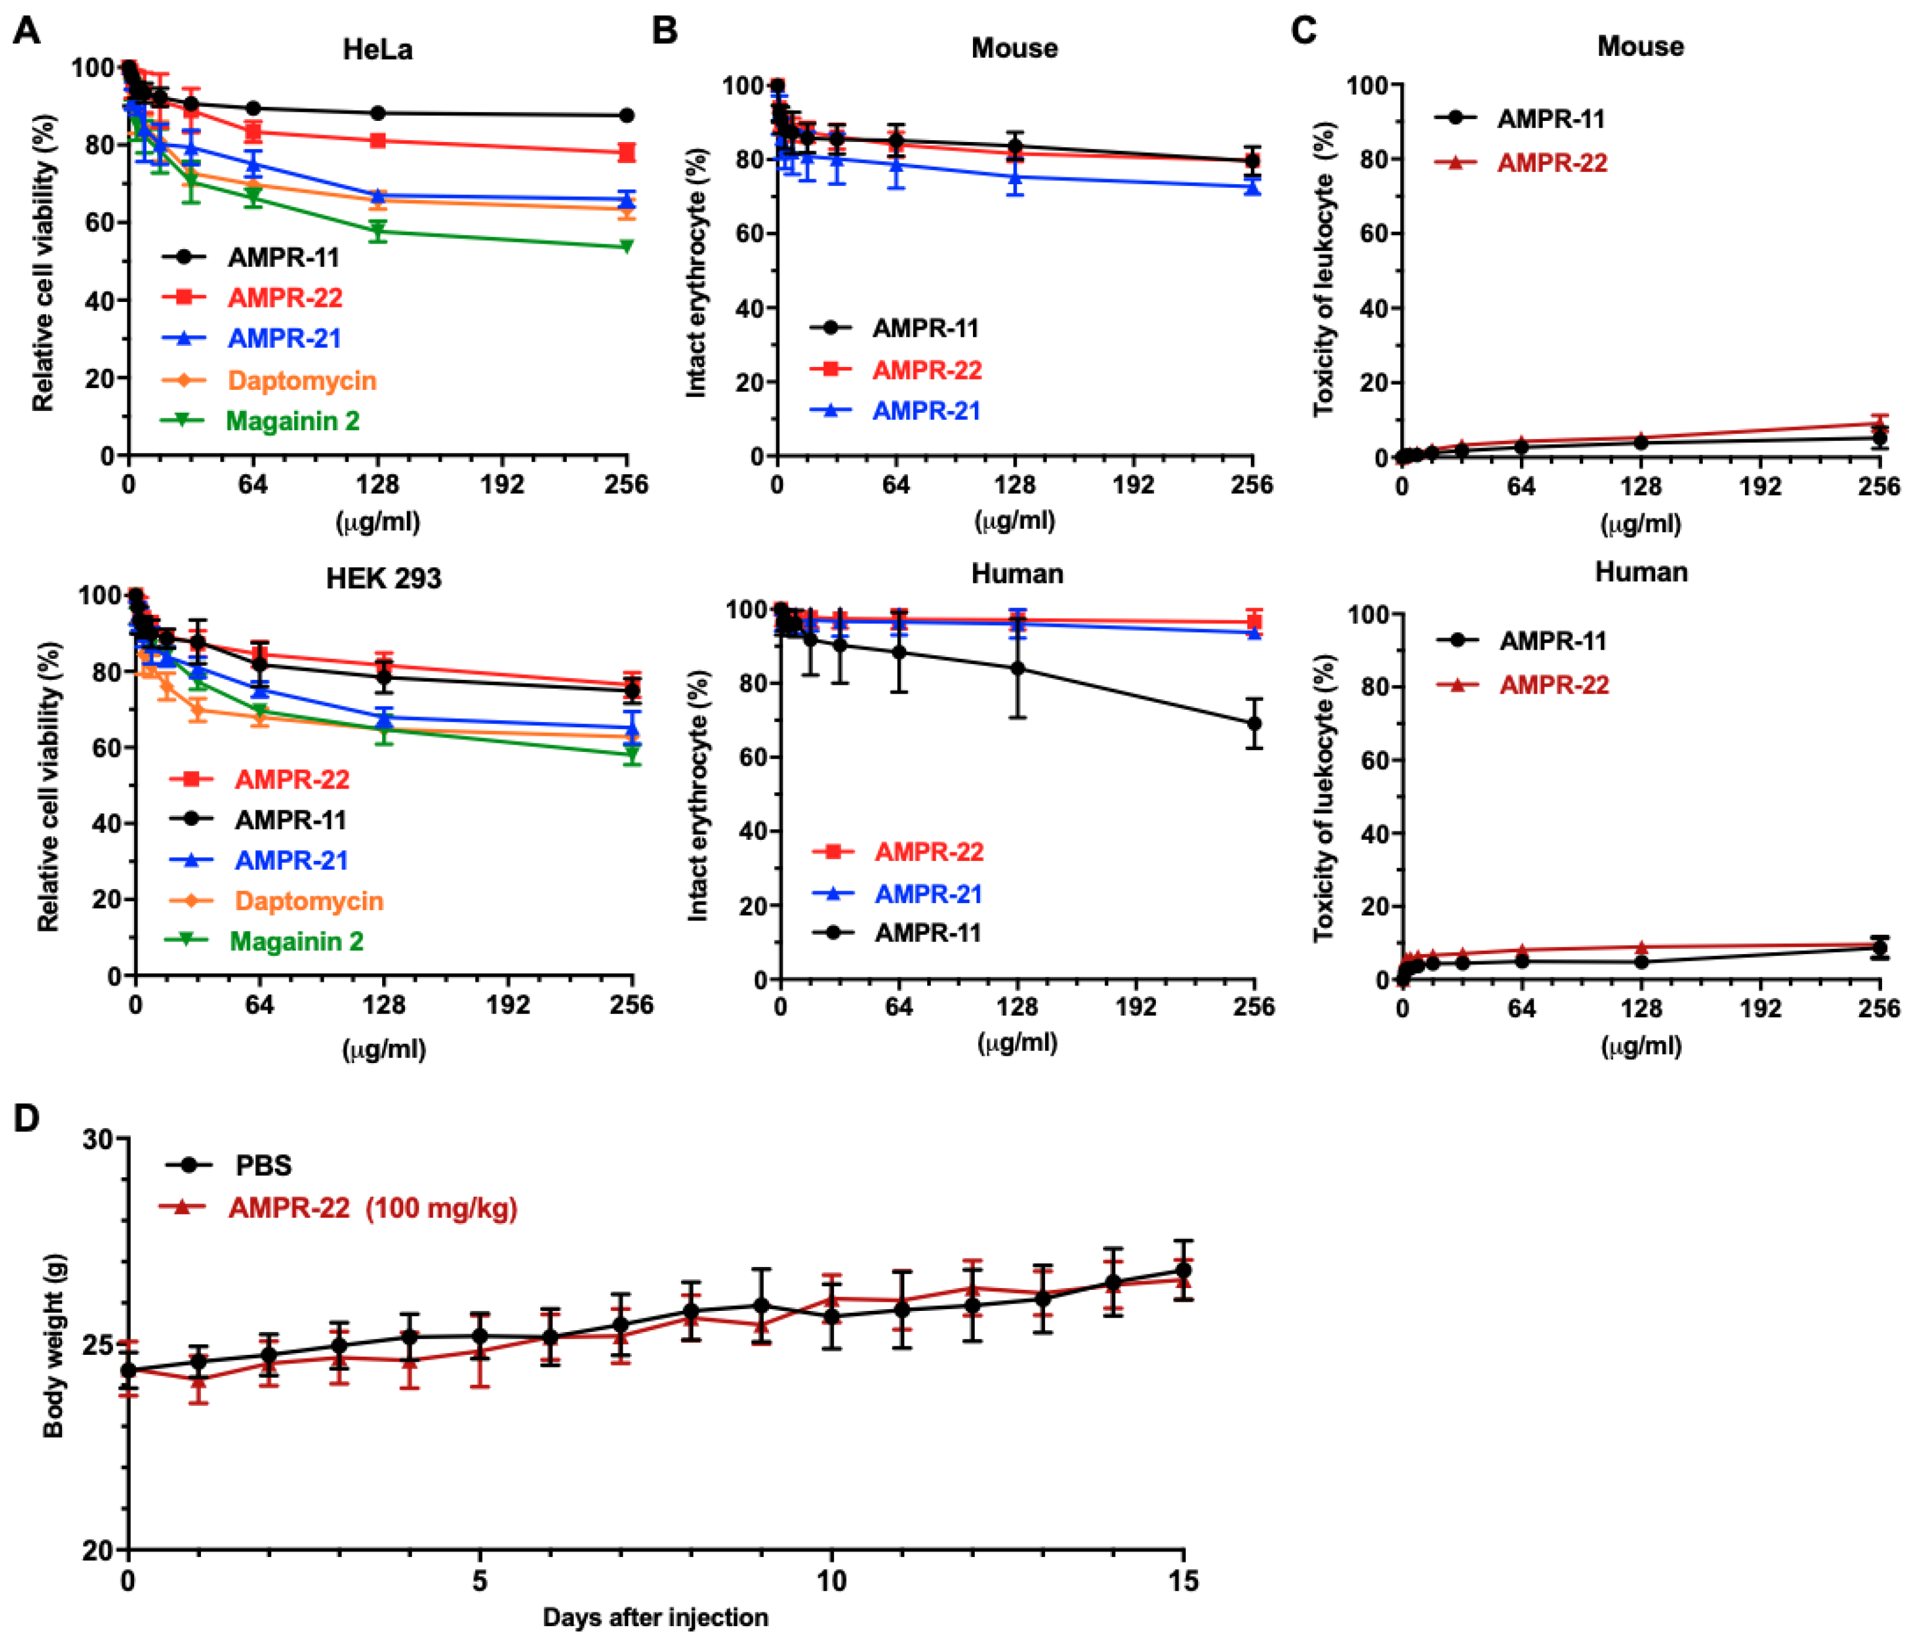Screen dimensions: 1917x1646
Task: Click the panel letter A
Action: point(27,31)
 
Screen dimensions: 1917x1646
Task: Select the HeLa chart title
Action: point(377,49)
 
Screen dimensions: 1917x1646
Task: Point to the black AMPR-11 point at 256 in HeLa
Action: point(626,116)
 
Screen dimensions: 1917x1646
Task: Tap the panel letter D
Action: point(27,1118)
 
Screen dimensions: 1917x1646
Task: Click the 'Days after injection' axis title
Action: point(655,1617)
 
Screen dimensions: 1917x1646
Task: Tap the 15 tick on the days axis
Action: point(1184,1581)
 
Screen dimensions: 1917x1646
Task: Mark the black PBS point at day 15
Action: point(1184,1271)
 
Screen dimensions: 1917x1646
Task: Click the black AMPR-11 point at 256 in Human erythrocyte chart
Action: point(1255,724)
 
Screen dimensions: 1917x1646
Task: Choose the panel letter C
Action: point(1304,31)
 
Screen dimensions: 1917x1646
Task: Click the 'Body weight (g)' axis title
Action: point(54,1346)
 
